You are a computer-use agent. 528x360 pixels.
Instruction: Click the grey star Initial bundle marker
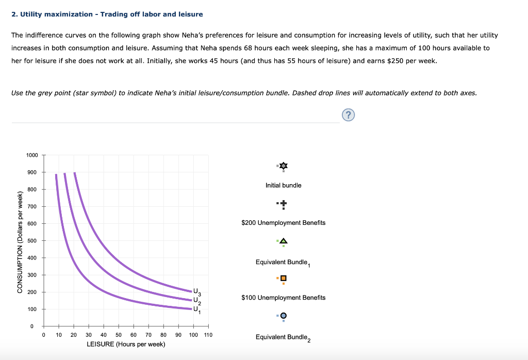pos(283,166)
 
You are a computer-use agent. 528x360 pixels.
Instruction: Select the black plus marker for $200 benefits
pos(283,204)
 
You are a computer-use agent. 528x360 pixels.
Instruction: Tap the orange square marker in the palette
pos(283,279)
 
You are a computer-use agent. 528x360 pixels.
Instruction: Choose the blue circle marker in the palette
pos(283,316)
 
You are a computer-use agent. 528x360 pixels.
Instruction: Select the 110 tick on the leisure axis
pos(208,335)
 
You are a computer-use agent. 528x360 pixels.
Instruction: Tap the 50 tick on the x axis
pos(119,335)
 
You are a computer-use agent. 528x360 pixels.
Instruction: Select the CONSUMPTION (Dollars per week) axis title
pos(20,242)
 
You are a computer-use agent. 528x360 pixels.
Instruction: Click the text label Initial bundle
pos(283,185)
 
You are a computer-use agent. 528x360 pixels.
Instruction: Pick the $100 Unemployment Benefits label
pos(283,298)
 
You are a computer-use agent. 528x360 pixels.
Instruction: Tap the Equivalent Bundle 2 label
pos(283,337)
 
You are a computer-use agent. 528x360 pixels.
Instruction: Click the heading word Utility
pos(34,14)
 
